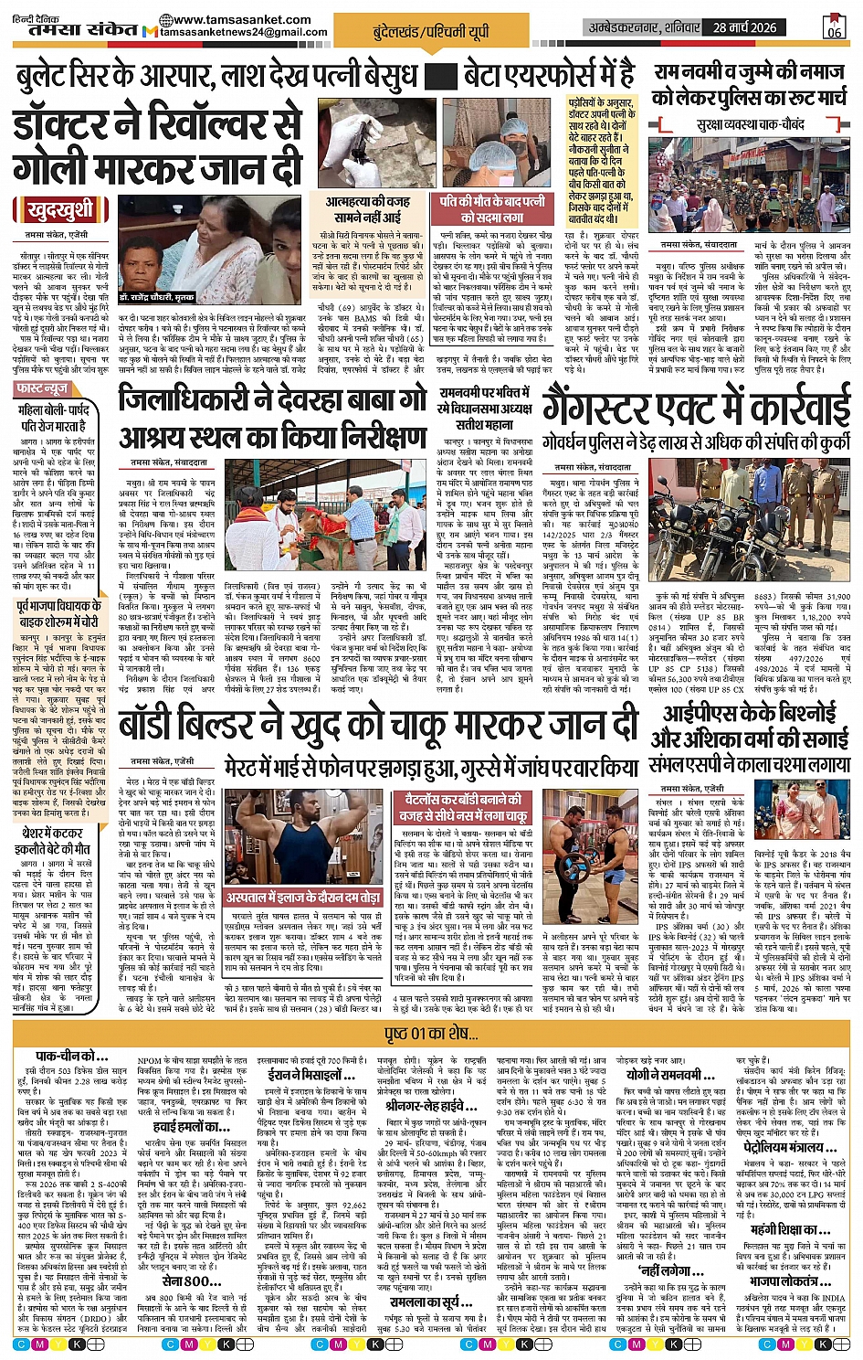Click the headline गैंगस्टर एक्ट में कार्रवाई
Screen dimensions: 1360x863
[x=697, y=407]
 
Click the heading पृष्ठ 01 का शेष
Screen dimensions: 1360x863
[x=432, y=1034]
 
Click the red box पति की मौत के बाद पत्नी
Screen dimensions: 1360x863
[x=491, y=208]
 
